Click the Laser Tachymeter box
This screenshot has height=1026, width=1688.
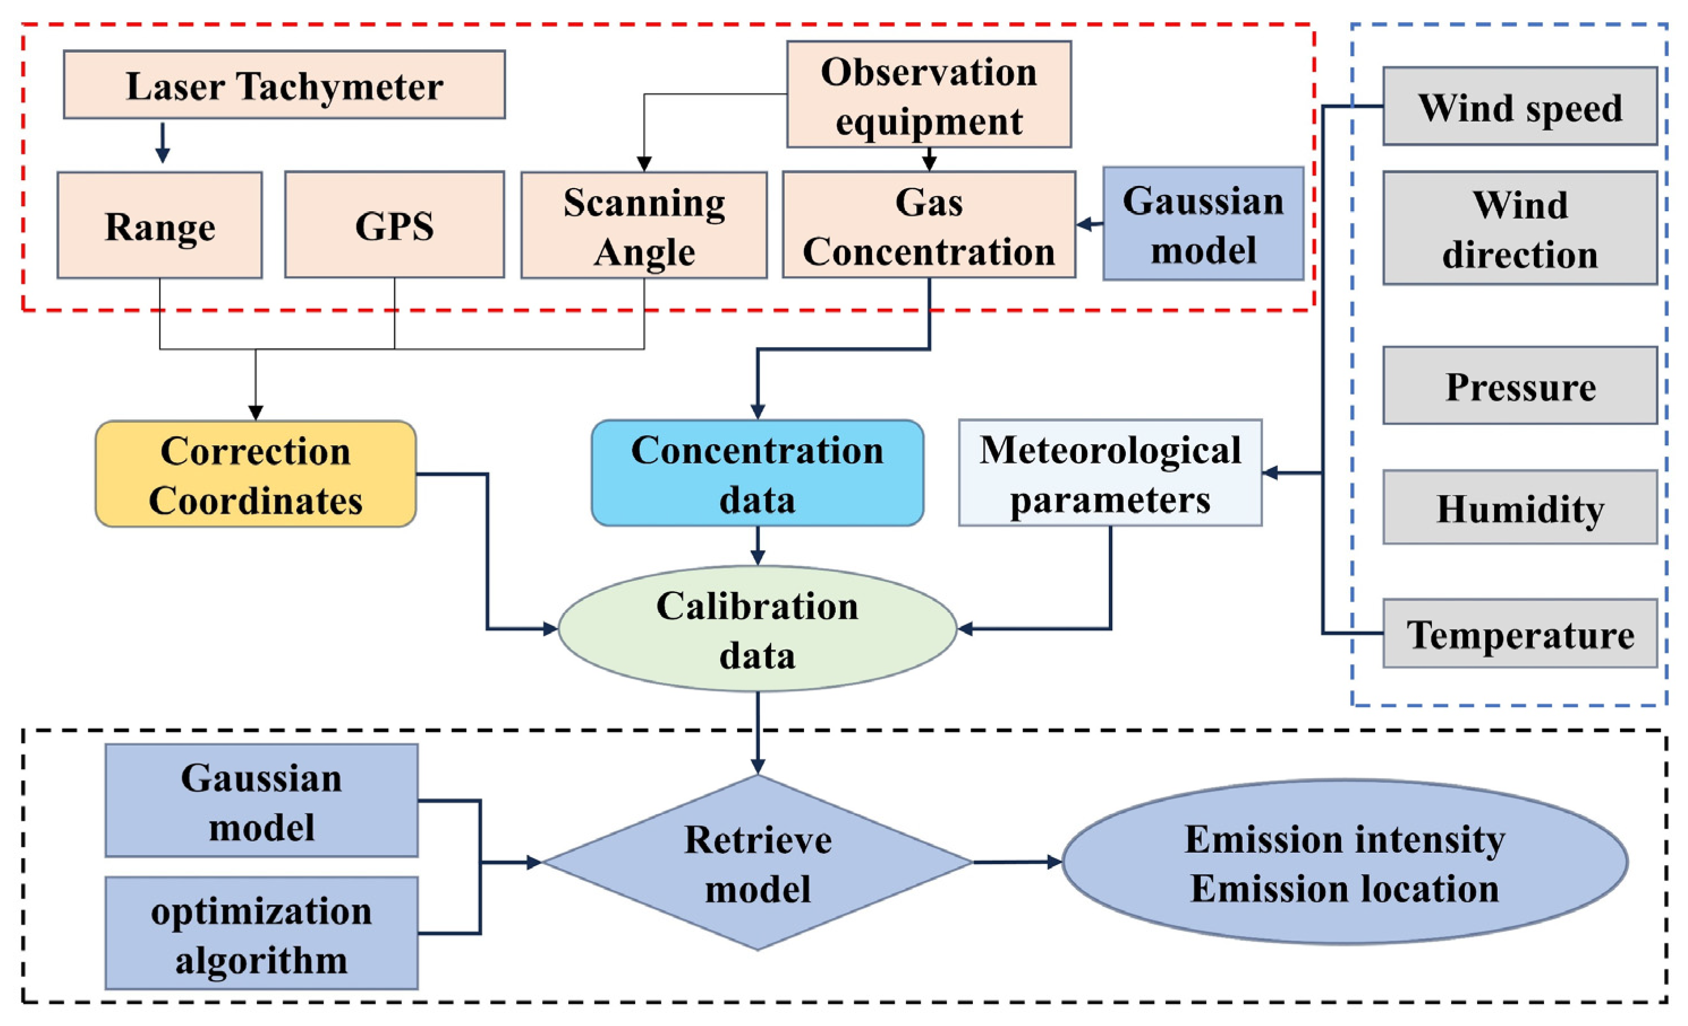click(284, 85)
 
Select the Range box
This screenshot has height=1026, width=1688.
click(160, 225)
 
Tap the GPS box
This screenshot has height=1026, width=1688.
click(394, 225)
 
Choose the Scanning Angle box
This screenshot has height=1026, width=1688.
click(644, 225)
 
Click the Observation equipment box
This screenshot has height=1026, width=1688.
click(929, 95)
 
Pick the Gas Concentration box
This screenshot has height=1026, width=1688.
click(929, 225)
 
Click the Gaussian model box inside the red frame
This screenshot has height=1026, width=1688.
click(1203, 224)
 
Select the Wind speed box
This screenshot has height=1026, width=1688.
click(1520, 106)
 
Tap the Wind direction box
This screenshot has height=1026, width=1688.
click(1520, 228)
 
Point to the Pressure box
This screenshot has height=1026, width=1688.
click(1520, 386)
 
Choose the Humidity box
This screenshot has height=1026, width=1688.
click(1520, 508)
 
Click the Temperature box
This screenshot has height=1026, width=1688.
click(1520, 633)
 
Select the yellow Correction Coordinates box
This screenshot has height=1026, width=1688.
click(256, 474)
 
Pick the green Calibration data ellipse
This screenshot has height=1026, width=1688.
click(757, 629)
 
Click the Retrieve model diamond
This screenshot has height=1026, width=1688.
click(758, 863)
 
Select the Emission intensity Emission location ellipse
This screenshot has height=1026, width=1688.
click(1344, 862)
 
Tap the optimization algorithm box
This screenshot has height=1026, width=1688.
click(262, 933)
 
